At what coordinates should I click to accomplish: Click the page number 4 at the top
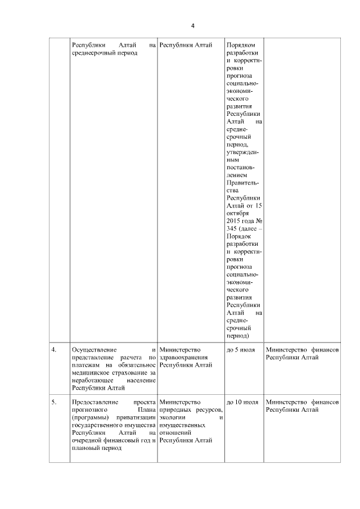193,26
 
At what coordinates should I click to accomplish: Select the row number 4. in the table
54,350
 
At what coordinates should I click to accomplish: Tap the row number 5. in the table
54,403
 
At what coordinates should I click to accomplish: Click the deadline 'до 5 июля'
240,350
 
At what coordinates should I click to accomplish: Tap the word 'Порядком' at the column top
240,44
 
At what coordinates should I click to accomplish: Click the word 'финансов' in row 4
325,350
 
